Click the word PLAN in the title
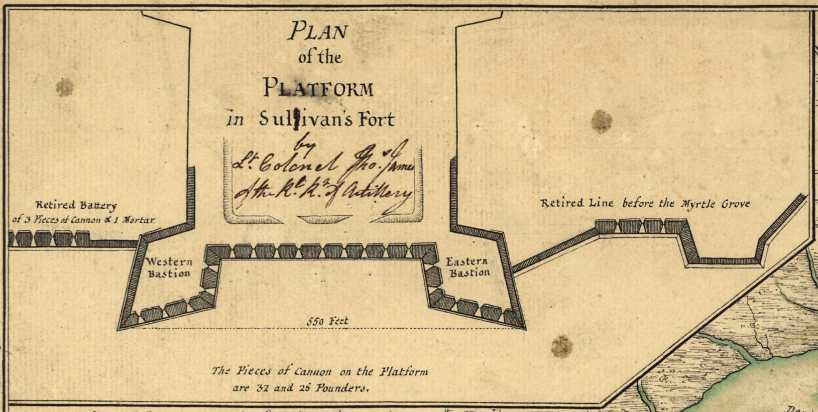tap(317, 31)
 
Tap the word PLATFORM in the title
tap(318, 88)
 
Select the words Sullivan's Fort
tap(327, 119)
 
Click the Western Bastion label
tap(169, 267)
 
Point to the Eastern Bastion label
tap(467, 267)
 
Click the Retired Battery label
tap(76, 205)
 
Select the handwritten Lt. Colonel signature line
tap(321, 163)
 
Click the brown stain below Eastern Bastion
tap(561, 346)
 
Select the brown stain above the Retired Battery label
tap(64, 87)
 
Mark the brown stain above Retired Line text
tap(601, 121)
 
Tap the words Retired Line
tap(576, 203)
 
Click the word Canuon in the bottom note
tap(312, 372)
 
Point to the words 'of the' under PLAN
tap(320, 57)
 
